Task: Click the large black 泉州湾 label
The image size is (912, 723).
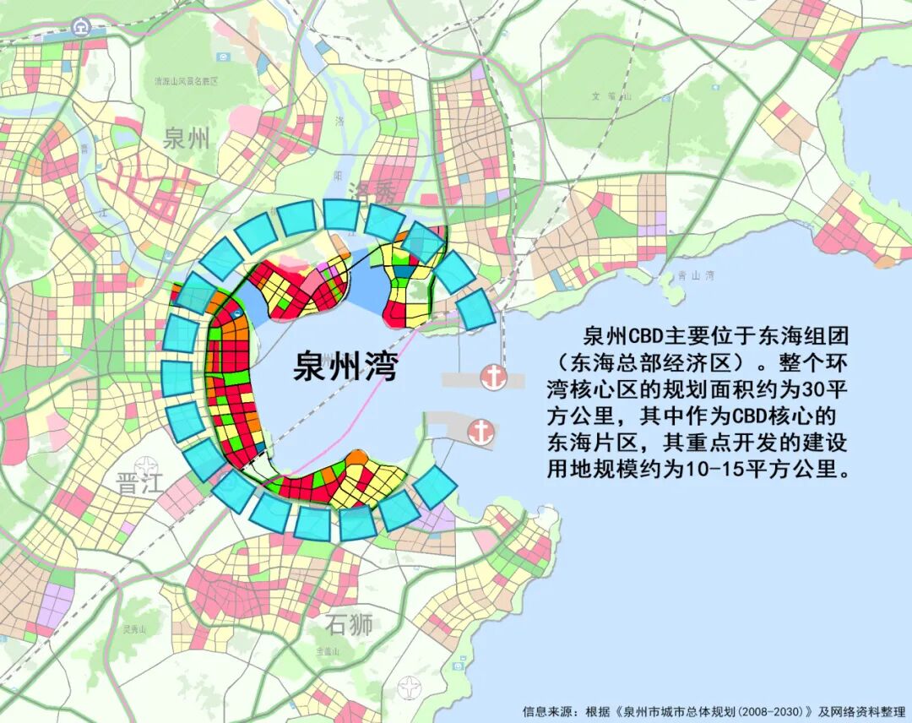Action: pyautogui.click(x=345, y=367)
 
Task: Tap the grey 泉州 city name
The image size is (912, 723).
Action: pyautogui.click(x=187, y=139)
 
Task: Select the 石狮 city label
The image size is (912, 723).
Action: pyautogui.click(x=349, y=626)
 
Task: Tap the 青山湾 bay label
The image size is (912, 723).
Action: pyautogui.click(x=697, y=275)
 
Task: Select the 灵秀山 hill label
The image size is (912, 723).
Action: pyautogui.click(x=133, y=629)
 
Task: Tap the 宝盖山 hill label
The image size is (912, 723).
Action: pyautogui.click(x=326, y=651)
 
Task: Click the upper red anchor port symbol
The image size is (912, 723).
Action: pyautogui.click(x=492, y=377)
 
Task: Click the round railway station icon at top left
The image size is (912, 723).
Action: pyautogui.click(x=81, y=26)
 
